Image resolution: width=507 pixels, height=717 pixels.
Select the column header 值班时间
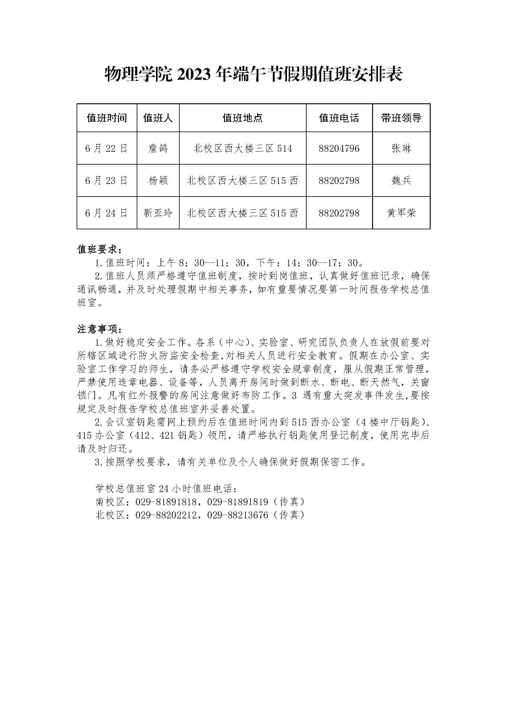tap(107, 118)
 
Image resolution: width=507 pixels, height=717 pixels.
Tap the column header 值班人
tap(158, 118)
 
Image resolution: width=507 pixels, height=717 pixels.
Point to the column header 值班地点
tap(242, 118)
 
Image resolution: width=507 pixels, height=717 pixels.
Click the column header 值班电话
tap(339, 118)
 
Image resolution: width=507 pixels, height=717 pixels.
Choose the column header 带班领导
tap(401, 118)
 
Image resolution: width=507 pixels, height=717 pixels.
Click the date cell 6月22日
tap(106, 148)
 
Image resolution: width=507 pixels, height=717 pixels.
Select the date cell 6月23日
tap(106, 181)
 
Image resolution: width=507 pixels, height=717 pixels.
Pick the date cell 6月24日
tap(106, 213)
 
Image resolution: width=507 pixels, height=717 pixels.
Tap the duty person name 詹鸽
tap(158, 148)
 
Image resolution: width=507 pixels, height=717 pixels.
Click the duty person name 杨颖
tap(158, 181)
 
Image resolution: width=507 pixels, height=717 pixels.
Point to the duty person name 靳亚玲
tap(158, 213)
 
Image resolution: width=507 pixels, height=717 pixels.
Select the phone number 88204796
tap(339, 148)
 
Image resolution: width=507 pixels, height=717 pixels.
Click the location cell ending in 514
tap(242, 148)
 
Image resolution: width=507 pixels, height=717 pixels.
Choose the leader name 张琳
tap(401, 148)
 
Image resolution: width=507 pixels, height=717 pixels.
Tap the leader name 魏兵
tap(401, 181)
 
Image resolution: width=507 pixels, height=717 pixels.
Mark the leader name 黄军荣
tap(401, 213)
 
